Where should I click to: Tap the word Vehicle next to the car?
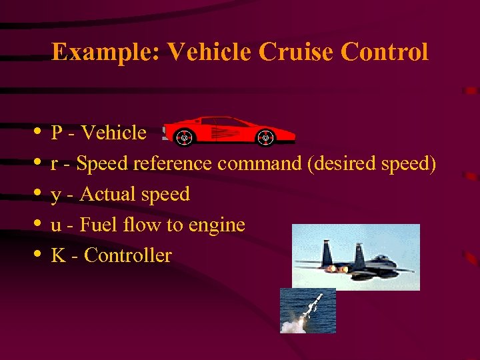[113, 133]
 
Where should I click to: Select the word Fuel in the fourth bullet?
[93, 225]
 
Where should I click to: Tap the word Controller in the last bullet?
[128, 255]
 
